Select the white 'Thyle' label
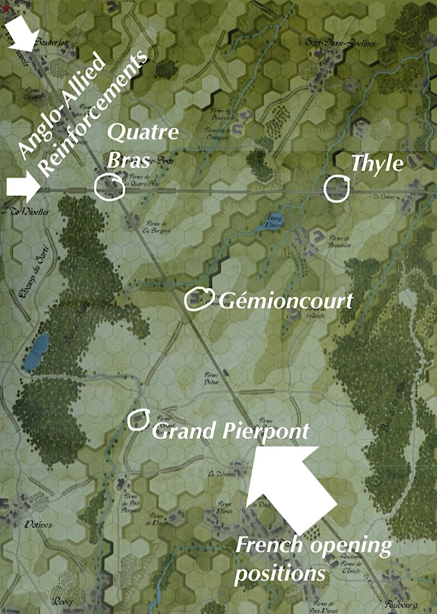377,164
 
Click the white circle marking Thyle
337,188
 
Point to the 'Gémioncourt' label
286,301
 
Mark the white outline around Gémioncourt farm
198,298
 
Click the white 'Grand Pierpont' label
229,430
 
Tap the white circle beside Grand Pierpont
138,419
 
